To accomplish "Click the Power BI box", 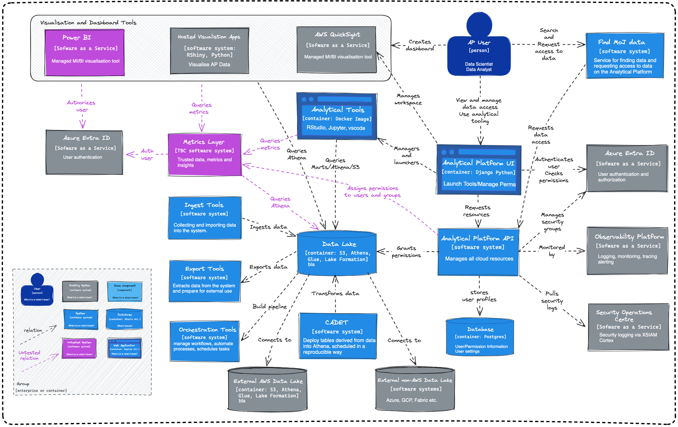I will pyautogui.click(x=84, y=52).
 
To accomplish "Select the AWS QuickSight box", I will pyautogui.click(x=337, y=49).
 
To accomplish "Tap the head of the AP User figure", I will pyautogui.click(x=479, y=25).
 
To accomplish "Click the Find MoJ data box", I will pyautogui.click(x=625, y=56).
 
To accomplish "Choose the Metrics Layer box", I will pyautogui.click(x=205, y=155).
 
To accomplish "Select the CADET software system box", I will pyautogui.click(x=338, y=336).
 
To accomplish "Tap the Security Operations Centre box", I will pyautogui.click(x=628, y=327).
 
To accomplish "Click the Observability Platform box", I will pyautogui.click(x=627, y=251).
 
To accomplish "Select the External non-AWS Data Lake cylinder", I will pyautogui.click(x=415, y=389).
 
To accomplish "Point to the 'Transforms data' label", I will pyautogui.click(x=335, y=294).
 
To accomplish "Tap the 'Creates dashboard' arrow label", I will pyautogui.click(x=420, y=45).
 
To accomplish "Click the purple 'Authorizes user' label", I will pyautogui.click(x=81, y=106).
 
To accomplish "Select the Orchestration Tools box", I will pyautogui.click(x=205, y=341).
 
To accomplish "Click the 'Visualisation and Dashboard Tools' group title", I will pyautogui.click(x=88, y=23).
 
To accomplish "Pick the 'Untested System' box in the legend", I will pyautogui.click(x=79, y=348).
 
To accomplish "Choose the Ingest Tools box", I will pyautogui.click(x=205, y=218).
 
